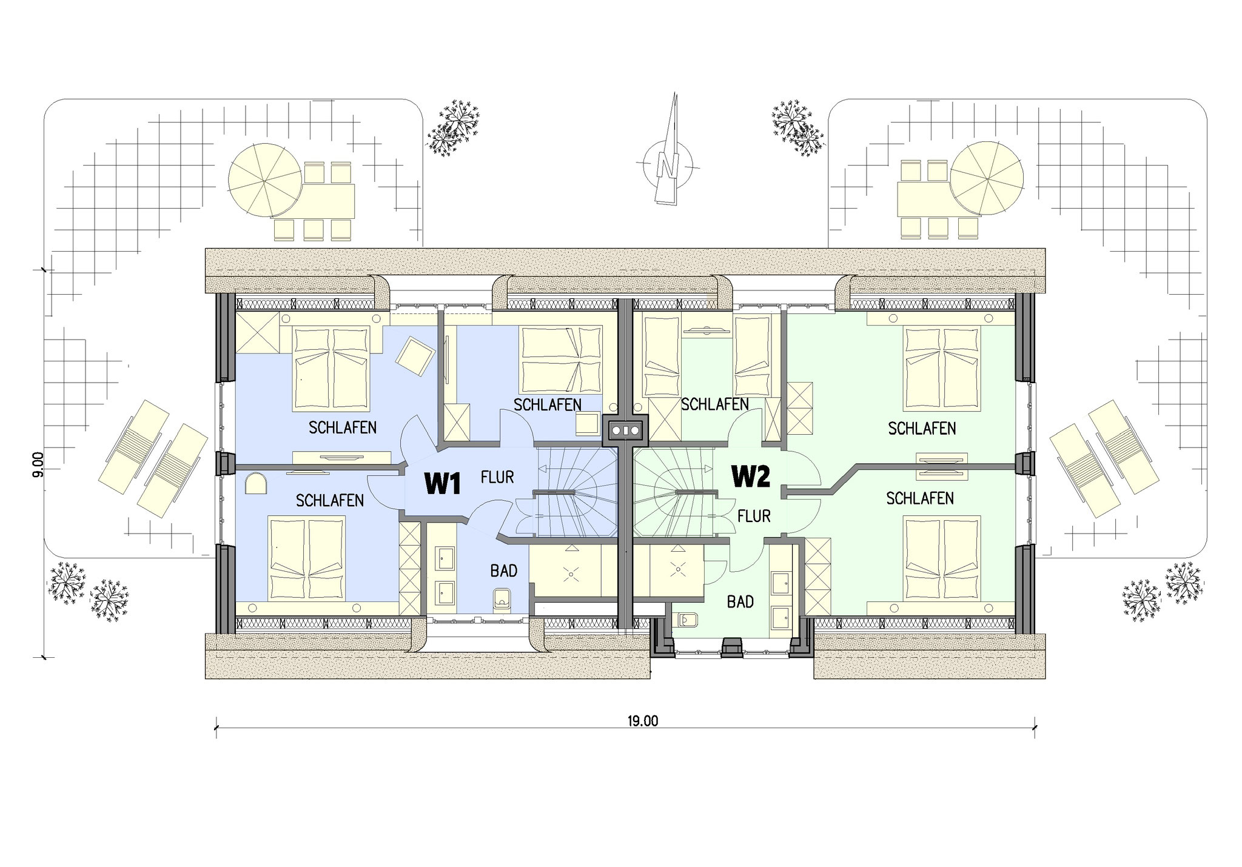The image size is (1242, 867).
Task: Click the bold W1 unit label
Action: click(x=443, y=484)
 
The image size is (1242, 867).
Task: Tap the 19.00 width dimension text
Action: click(x=643, y=721)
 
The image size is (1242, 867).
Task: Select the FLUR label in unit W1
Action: click(x=497, y=478)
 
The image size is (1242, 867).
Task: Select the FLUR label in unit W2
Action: click(x=754, y=517)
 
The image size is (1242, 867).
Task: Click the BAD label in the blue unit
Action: click(x=504, y=571)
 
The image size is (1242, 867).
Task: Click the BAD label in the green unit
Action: click(x=740, y=602)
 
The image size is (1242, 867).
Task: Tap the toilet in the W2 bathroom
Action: click(x=686, y=619)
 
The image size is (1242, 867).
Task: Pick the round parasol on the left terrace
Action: click(x=265, y=179)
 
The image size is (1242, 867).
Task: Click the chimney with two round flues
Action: click(x=625, y=430)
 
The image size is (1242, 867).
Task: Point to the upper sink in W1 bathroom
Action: click(x=446, y=555)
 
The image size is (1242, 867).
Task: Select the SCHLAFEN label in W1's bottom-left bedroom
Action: click(x=330, y=500)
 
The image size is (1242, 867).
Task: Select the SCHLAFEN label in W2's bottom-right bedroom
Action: click(x=920, y=498)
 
